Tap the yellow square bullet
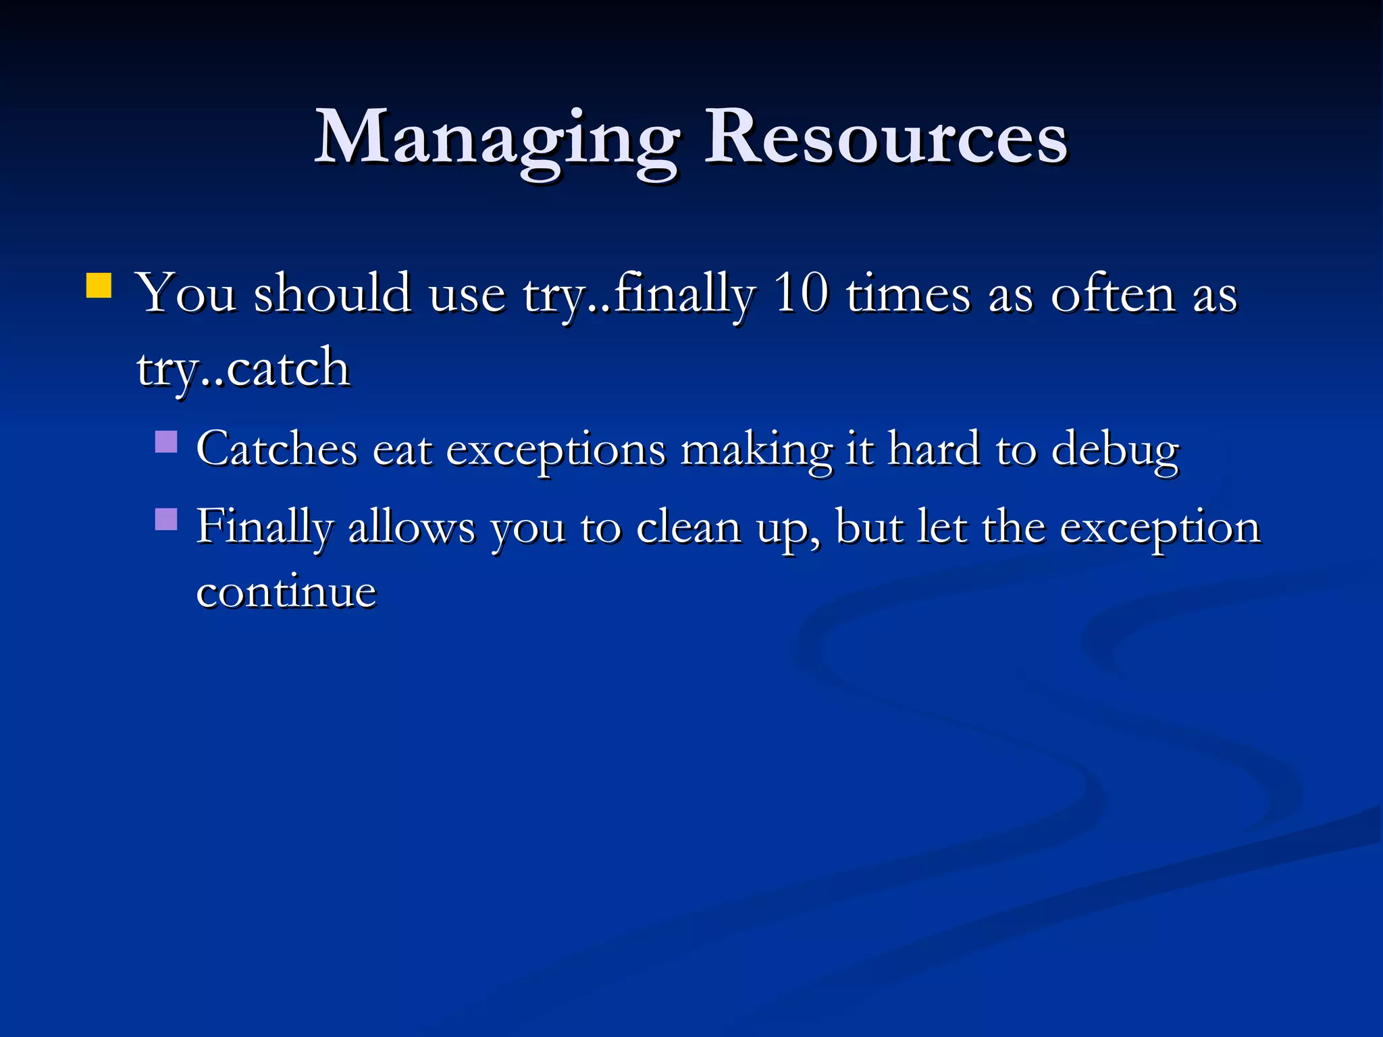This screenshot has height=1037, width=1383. point(99,285)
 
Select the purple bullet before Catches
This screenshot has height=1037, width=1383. point(166,442)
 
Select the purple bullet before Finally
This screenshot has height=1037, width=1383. point(166,519)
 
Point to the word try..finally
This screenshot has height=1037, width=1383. point(638,296)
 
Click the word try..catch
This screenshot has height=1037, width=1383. point(243,369)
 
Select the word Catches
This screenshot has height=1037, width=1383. point(277,449)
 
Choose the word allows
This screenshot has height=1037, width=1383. point(411,527)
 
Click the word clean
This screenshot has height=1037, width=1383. point(688,527)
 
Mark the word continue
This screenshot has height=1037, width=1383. point(286,593)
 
